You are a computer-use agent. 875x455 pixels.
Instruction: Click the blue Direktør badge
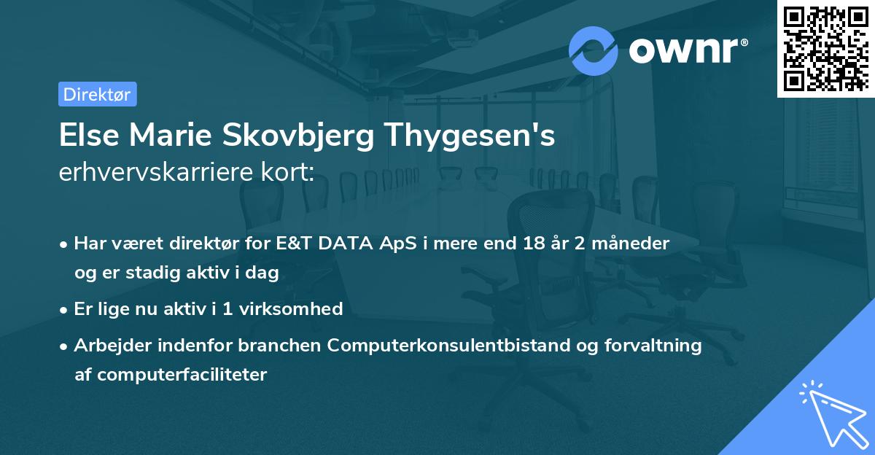pos(97,94)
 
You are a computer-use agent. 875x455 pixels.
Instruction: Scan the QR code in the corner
pos(825,48)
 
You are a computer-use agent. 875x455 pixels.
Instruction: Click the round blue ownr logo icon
pos(594,50)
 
